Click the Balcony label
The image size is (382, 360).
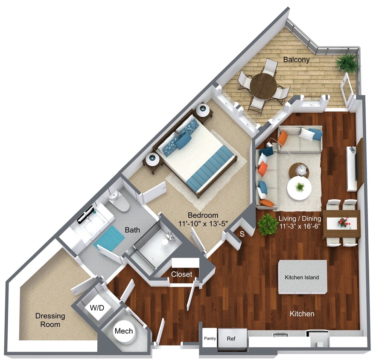coord(296,60)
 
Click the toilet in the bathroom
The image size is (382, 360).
coord(119,201)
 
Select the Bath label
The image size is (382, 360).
coord(132,230)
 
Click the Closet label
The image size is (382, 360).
coord(181,274)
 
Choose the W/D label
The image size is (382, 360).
coord(97,307)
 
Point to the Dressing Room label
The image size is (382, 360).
coord(50,320)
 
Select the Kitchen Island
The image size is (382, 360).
coord(302,277)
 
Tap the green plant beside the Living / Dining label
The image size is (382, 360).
coord(267,225)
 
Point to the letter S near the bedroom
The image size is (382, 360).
coord(242,234)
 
